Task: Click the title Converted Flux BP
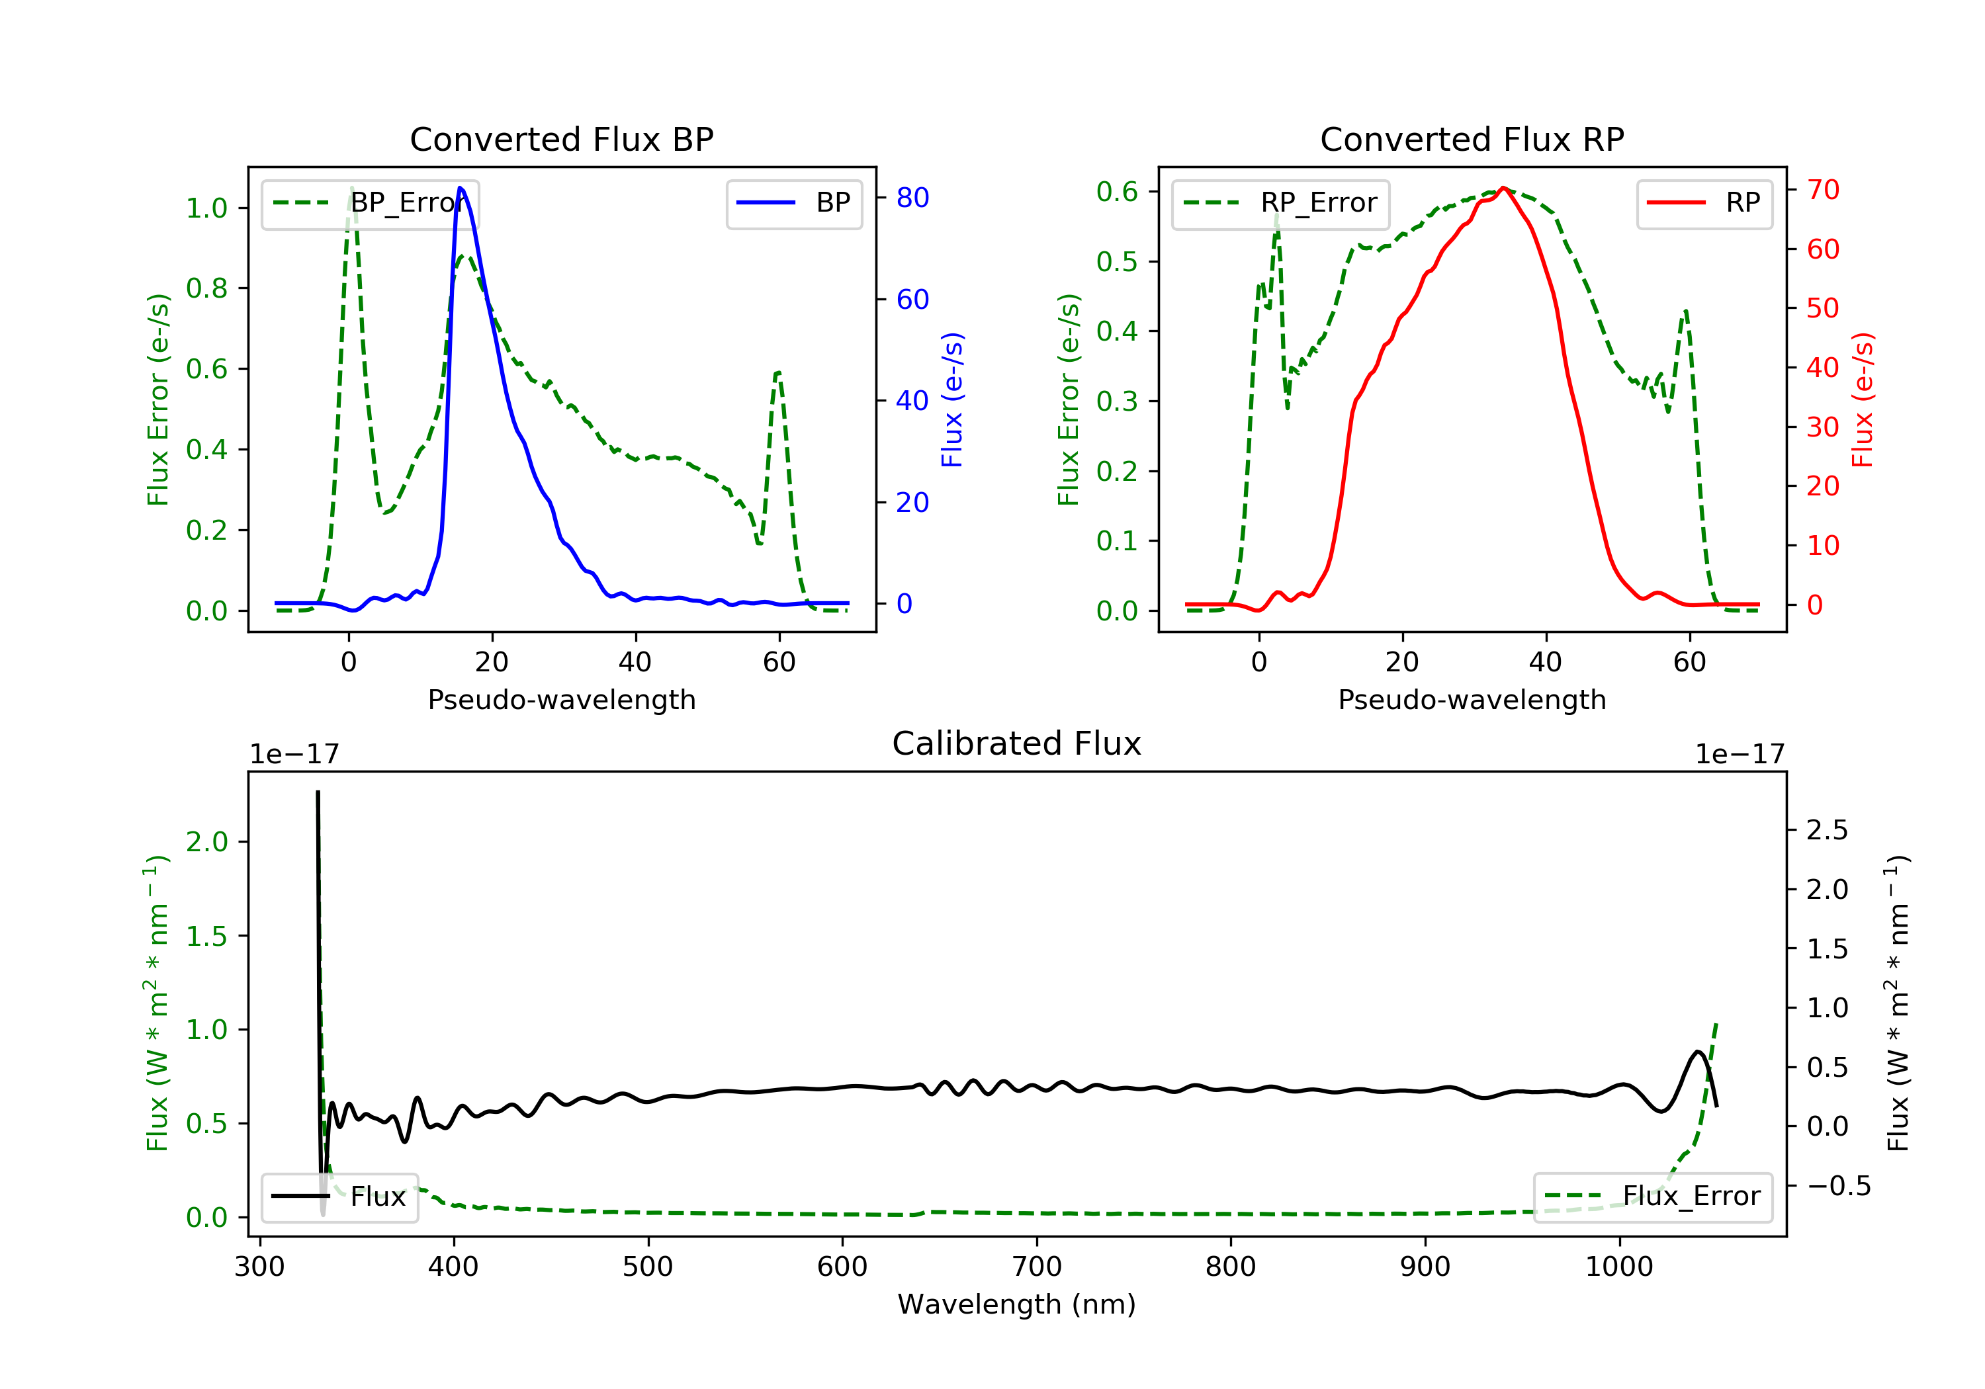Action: point(561,139)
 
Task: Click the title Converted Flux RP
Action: point(1472,139)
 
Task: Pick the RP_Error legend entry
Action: point(1280,203)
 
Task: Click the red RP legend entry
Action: point(1704,203)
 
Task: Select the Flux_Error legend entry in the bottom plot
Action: point(1652,1197)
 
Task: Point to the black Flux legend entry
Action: point(340,1197)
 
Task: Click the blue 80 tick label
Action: point(912,198)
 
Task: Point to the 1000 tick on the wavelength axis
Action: point(1618,1267)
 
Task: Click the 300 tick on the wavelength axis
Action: point(259,1267)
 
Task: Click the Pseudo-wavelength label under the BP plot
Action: point(561,700)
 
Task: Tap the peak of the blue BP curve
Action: point(460,188)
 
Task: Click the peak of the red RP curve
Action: point(1503,188)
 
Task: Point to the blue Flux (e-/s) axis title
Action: point(952,400)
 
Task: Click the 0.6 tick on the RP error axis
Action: point(1116,192)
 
